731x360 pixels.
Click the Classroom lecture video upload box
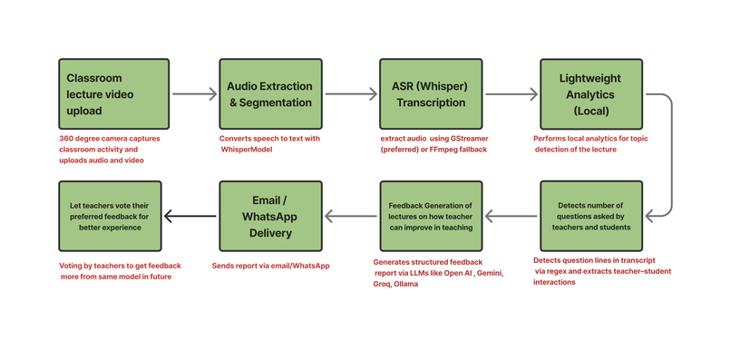pos(113,94)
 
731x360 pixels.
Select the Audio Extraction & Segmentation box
pos(270,94)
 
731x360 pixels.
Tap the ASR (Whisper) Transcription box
pos(431,94)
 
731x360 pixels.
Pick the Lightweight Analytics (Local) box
pos(591,94)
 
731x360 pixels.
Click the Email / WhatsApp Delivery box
pos(270,217)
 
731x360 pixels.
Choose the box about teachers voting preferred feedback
pos(110,217)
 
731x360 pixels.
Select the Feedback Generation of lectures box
pos(431,217)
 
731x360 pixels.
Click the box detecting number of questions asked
pos(591,217)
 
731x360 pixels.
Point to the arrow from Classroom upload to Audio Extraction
pos(194,94)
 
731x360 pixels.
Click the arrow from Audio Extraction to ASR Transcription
pos(351,94)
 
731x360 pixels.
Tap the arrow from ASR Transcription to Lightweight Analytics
pos(512,94)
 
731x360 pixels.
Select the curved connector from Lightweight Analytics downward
pos(669,154)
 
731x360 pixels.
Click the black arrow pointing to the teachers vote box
pos(190,217)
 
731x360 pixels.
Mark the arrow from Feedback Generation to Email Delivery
pos(351,217)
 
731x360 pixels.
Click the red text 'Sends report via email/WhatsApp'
pos(270,266)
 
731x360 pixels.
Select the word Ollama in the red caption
pos(406,284)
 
